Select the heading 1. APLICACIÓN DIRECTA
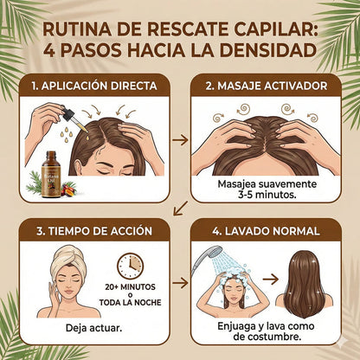click(96, 87)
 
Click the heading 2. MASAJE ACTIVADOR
click(267, 87)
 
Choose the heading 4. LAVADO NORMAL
click(267, 231)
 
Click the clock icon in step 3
click(130, 265)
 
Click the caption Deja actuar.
click(93, 329)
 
